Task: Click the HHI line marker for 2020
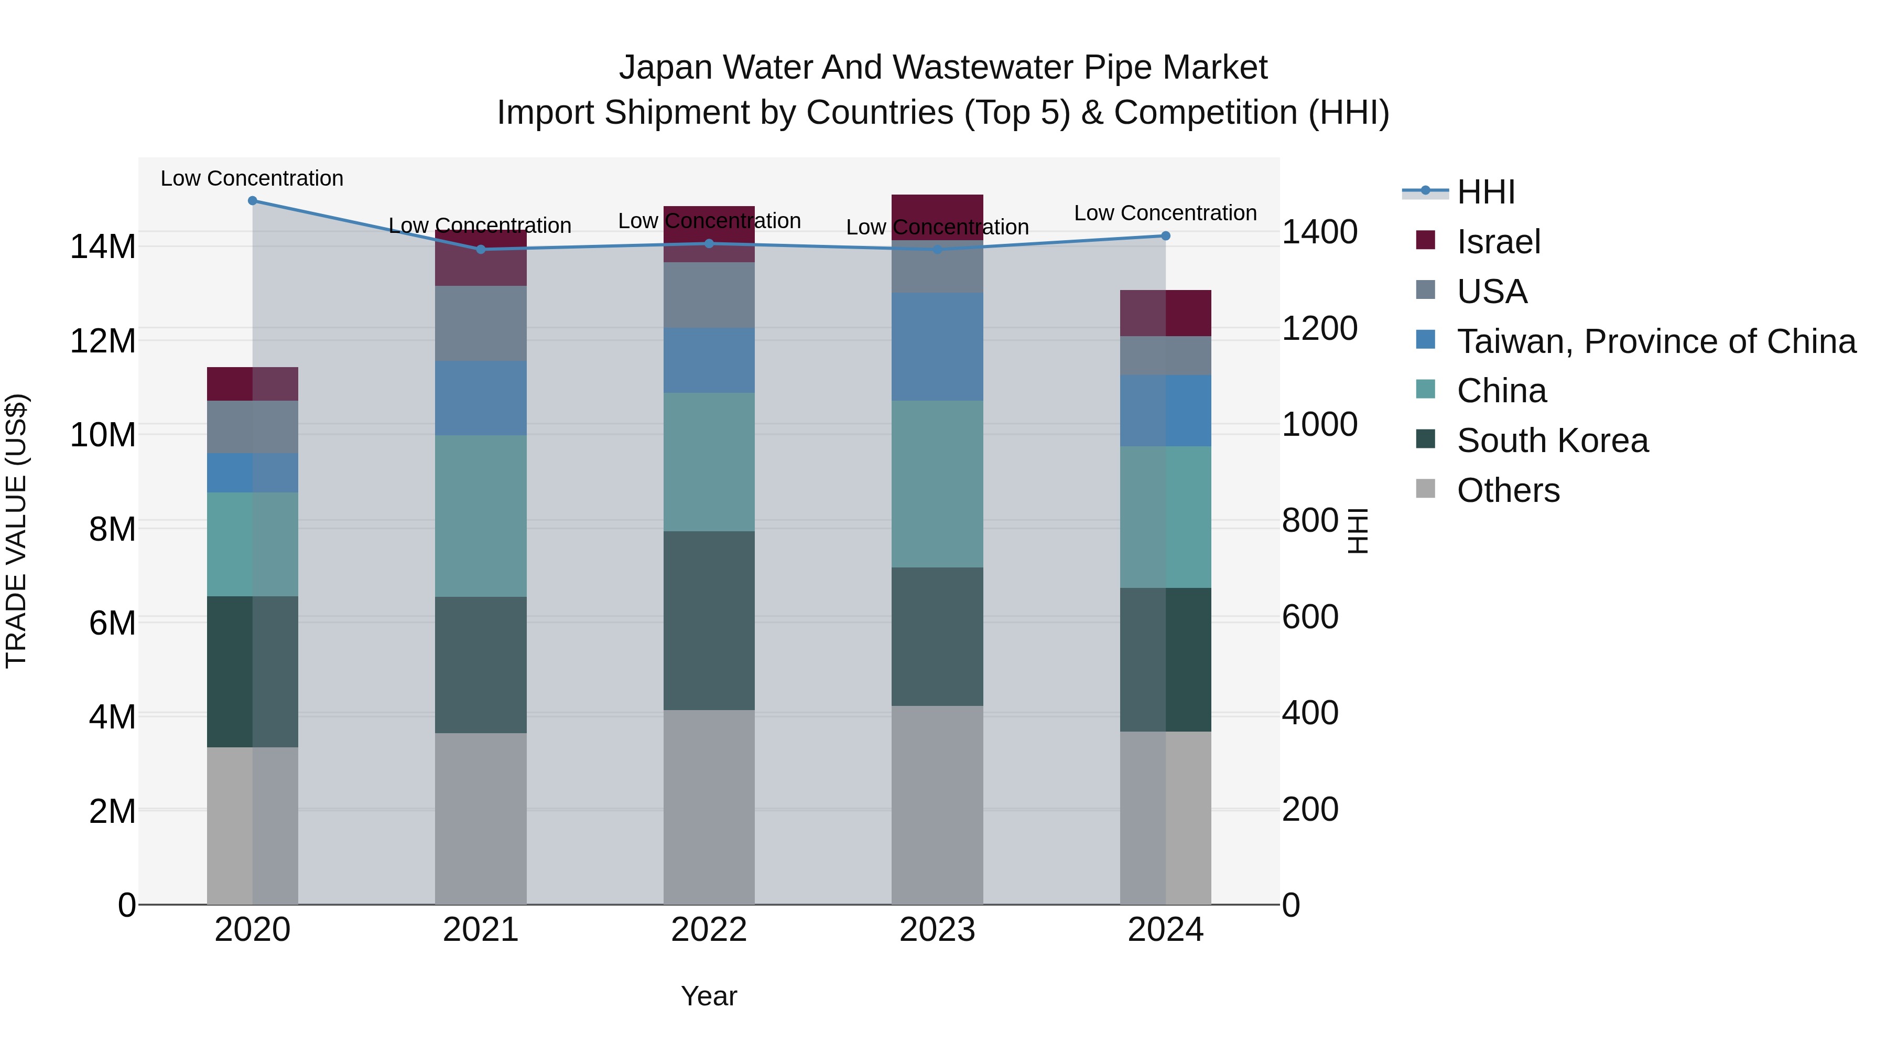point(253,200)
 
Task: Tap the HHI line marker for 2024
point(1165,236)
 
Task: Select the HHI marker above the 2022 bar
point(708,243)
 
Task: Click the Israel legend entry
point(1498,242)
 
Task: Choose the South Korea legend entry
point(1552,441)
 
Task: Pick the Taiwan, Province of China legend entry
point(1655,341)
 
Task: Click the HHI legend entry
point(1485,192)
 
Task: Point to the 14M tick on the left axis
point(103,246)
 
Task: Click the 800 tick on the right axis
point(1310,521)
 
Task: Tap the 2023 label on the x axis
point(937,930)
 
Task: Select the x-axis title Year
point(708,996)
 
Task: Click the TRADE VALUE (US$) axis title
point(16,531)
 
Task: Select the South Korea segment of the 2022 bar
point(708,620)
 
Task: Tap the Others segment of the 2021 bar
point(481,818)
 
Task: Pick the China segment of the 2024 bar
point(1165,517)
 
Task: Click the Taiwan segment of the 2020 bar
point(253,473)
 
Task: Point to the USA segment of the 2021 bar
point(481,323)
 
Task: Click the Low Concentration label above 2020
point(252,178)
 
